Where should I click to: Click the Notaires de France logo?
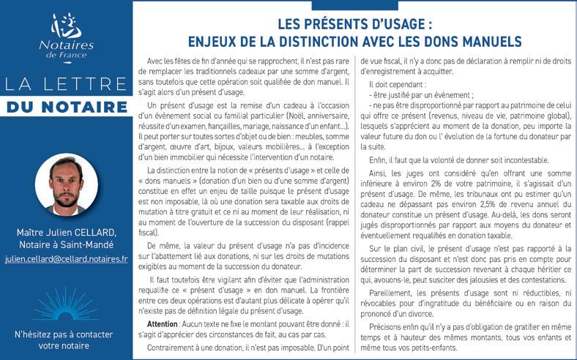pos(66,35)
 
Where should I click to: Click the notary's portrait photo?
pos(66,186)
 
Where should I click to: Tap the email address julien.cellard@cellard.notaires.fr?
pos(66,259)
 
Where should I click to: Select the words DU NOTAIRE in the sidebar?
pos(66,108)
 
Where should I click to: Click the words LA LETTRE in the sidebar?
pos(66,84)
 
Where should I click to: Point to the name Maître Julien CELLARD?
pos(66,232)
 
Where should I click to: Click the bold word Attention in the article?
pos(163,323)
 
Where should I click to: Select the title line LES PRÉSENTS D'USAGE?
pos(354,23)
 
